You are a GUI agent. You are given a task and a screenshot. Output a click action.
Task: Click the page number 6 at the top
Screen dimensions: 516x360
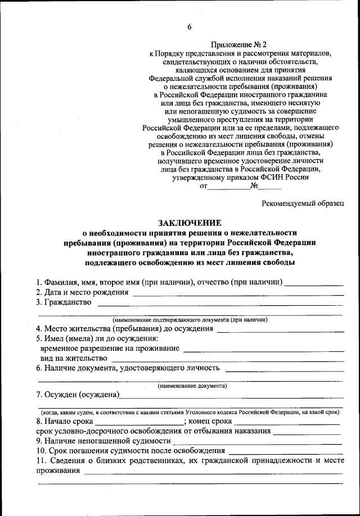(190, 27)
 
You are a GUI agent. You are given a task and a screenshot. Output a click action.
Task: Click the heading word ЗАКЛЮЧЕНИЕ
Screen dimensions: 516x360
(190, 223)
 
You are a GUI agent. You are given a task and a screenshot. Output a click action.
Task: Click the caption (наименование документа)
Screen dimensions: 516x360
(192, 386)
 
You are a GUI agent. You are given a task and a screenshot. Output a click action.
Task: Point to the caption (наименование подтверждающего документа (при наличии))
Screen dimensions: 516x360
(190, 319)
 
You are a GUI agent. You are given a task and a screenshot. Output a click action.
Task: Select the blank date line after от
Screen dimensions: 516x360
(229, 188)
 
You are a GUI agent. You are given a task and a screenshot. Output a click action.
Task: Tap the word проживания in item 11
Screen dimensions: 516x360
(58, 472)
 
